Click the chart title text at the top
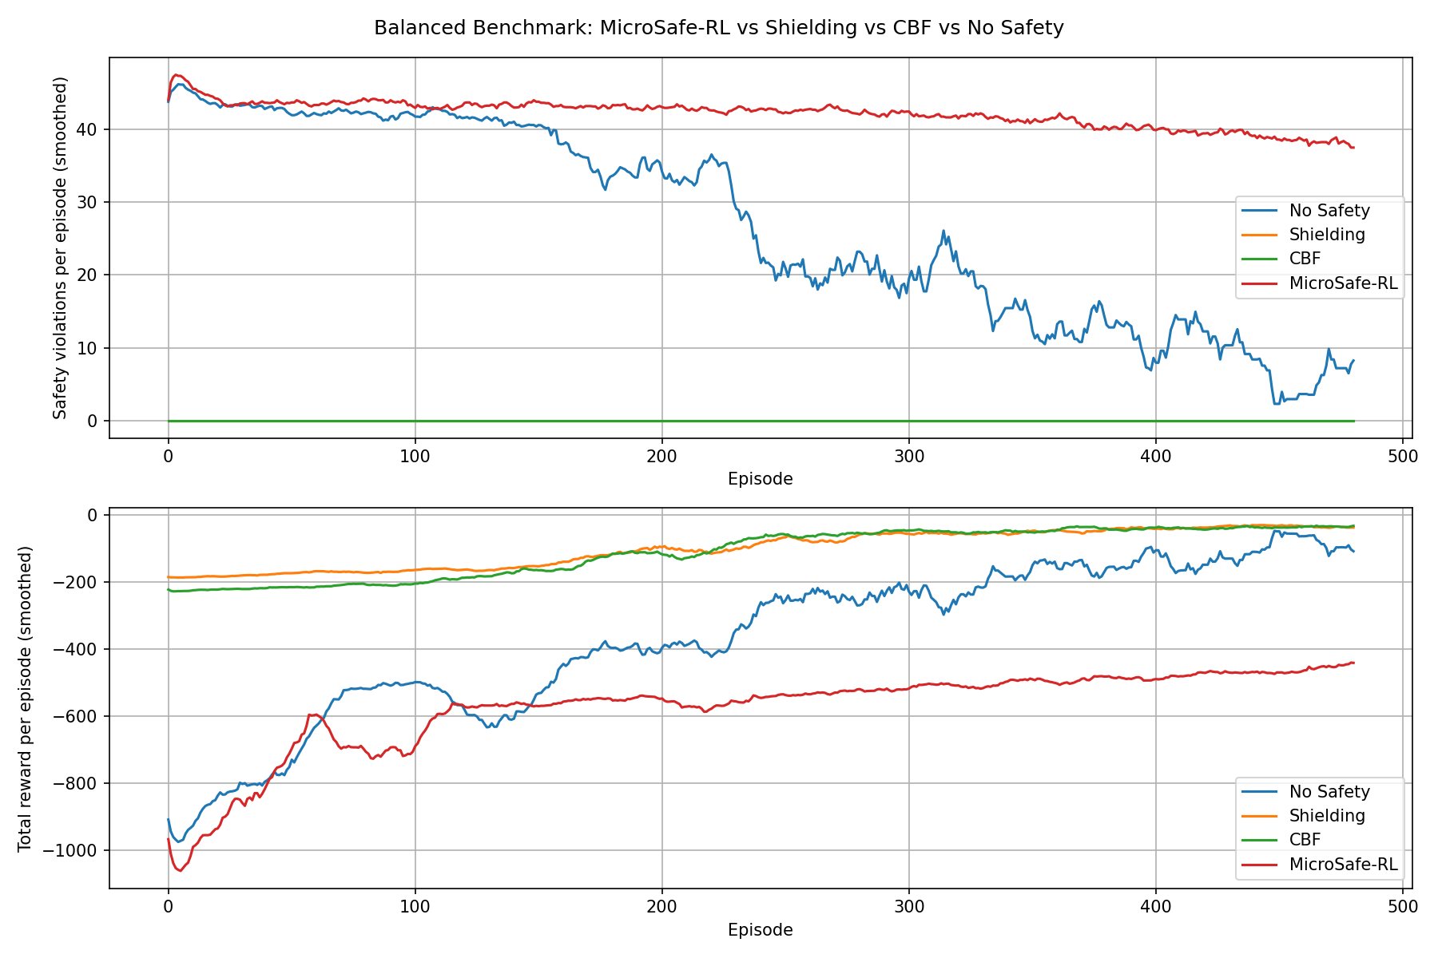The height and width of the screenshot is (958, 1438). [718, 28]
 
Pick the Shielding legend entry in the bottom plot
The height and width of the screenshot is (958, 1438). [1327, 816]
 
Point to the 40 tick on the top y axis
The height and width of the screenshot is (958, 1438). [91, 129]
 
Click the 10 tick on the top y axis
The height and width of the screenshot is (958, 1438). [91, 348]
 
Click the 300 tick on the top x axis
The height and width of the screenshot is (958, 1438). [908, 457]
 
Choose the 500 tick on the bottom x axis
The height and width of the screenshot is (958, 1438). [1402, 907]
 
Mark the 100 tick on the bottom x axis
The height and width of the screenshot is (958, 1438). [415, 907]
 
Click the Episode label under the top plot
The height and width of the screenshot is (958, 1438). [760, 479]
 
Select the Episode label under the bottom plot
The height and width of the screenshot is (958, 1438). [760, 930]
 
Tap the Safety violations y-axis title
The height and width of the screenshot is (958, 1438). [60, 247]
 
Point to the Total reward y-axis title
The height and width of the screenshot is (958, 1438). [25, 699]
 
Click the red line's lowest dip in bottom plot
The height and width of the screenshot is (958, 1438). [180, 870]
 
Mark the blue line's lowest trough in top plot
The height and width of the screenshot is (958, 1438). [1276, 404]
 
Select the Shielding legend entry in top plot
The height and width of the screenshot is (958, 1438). [1327, 235]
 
